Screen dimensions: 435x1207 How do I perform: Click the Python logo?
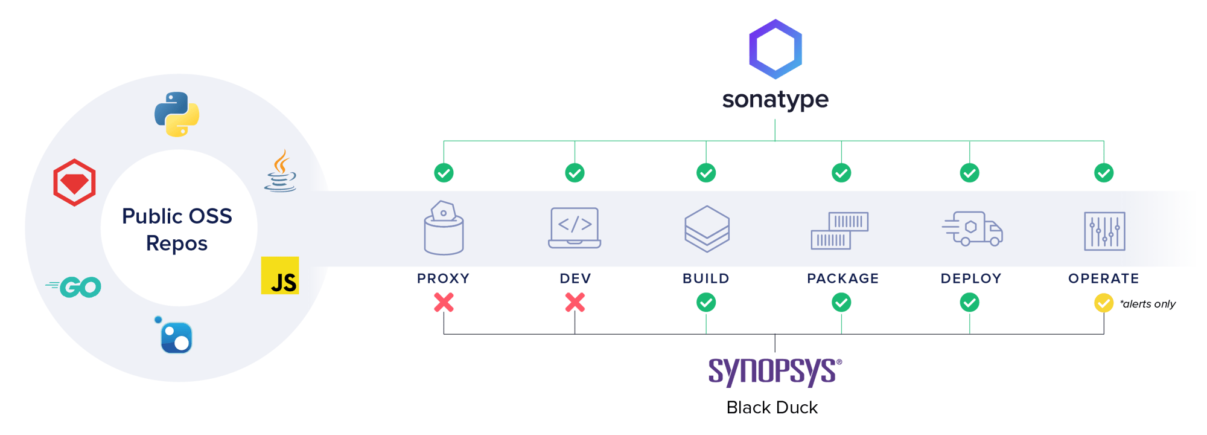pos(176,114)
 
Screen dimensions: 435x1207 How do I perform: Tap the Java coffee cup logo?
pos(281,172)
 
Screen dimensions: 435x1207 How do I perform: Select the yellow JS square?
pos(280,275)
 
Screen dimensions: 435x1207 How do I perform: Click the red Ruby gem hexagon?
pos(74,182)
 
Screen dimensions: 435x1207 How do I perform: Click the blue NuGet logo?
pos(175,336)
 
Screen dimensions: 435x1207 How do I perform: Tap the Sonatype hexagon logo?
pos(775,50)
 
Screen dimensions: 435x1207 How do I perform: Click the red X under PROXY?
pos(444,302)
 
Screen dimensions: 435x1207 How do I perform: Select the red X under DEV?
pos(575,302)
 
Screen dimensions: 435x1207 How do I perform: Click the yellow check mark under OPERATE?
pos(1103,303)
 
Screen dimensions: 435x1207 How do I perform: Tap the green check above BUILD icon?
pos(706,173)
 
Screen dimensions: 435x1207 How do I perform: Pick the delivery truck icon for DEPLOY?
pos(972,228)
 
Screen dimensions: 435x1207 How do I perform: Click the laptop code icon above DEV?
pos(575,228)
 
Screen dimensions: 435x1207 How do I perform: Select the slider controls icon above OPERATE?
pos(1104,231)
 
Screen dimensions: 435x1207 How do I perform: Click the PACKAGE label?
pos(842,279)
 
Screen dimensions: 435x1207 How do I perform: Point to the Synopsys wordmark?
pos(774,371)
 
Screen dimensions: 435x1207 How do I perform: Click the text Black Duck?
pos(772,408)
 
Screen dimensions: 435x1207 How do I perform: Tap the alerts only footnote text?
pos(1147,304)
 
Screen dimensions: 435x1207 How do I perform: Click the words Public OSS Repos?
pos(177,230)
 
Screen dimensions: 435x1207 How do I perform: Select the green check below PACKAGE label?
pos(841,302)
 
